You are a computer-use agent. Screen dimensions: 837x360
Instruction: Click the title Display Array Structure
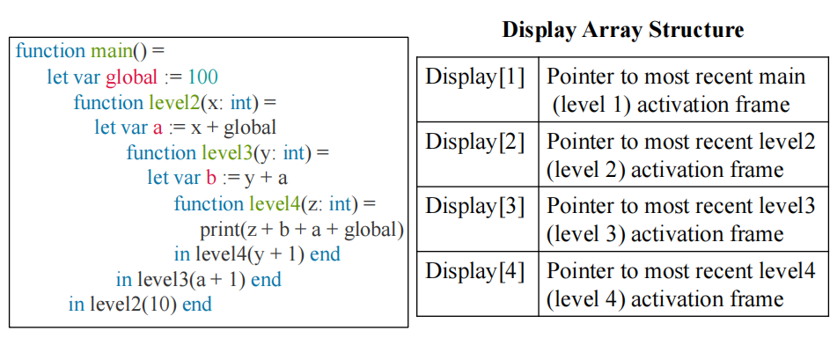(622, 29)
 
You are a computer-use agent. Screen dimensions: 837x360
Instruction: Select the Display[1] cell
(478, 89)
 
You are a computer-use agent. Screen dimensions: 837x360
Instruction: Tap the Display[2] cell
(478, 154)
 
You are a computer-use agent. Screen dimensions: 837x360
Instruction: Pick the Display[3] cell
(478, 218)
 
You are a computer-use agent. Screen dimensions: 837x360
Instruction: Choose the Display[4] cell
(478, 283)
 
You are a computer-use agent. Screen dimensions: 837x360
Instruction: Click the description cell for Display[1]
(683, 89)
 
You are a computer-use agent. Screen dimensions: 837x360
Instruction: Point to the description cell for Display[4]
(683, 283)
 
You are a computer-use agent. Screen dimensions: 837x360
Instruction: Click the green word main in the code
(111, 51)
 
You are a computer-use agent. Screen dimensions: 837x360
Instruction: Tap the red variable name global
(131, 77)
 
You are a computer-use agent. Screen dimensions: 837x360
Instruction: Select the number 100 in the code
(202, 77)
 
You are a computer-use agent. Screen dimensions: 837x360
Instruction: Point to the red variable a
(157, 129)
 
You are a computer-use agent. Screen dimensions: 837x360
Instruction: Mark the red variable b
(211, 179)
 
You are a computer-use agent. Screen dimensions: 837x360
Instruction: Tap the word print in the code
(219, 231)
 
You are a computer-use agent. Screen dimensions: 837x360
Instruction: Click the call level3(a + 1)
(191, 280)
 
